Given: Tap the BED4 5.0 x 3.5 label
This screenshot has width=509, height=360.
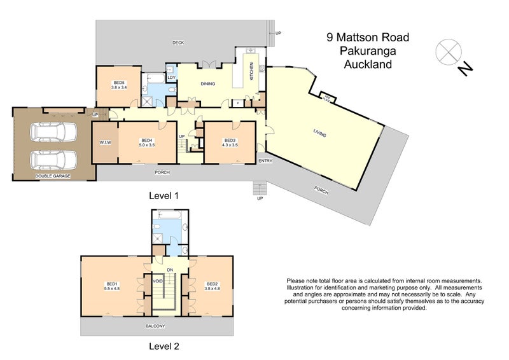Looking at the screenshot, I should tap(147, 142).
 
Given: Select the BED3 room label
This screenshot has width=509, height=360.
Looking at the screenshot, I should tap(230, 142).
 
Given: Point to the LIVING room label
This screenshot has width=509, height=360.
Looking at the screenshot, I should tap(319, 133).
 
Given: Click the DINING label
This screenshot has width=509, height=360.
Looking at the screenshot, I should tap(207, 84).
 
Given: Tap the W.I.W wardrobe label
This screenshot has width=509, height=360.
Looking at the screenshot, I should tap(105, 142).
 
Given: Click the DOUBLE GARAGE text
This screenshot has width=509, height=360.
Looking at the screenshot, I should tap(53, 176).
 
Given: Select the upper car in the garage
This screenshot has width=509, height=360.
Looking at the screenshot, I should tap(53, 132).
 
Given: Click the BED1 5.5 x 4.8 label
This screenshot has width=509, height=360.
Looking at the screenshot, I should tap(112, 286).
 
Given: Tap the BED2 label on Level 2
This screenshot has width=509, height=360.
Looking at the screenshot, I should tap(212, 286).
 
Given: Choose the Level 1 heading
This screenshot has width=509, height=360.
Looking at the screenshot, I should tap(164, 196).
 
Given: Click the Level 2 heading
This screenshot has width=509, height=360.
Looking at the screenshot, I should tap(164, 347).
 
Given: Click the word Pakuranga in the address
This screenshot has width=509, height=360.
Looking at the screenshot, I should tap(367, 51).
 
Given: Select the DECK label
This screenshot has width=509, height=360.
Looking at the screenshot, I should tap(178, 43).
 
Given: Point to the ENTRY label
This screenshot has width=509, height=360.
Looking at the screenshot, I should tap(265, 161).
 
